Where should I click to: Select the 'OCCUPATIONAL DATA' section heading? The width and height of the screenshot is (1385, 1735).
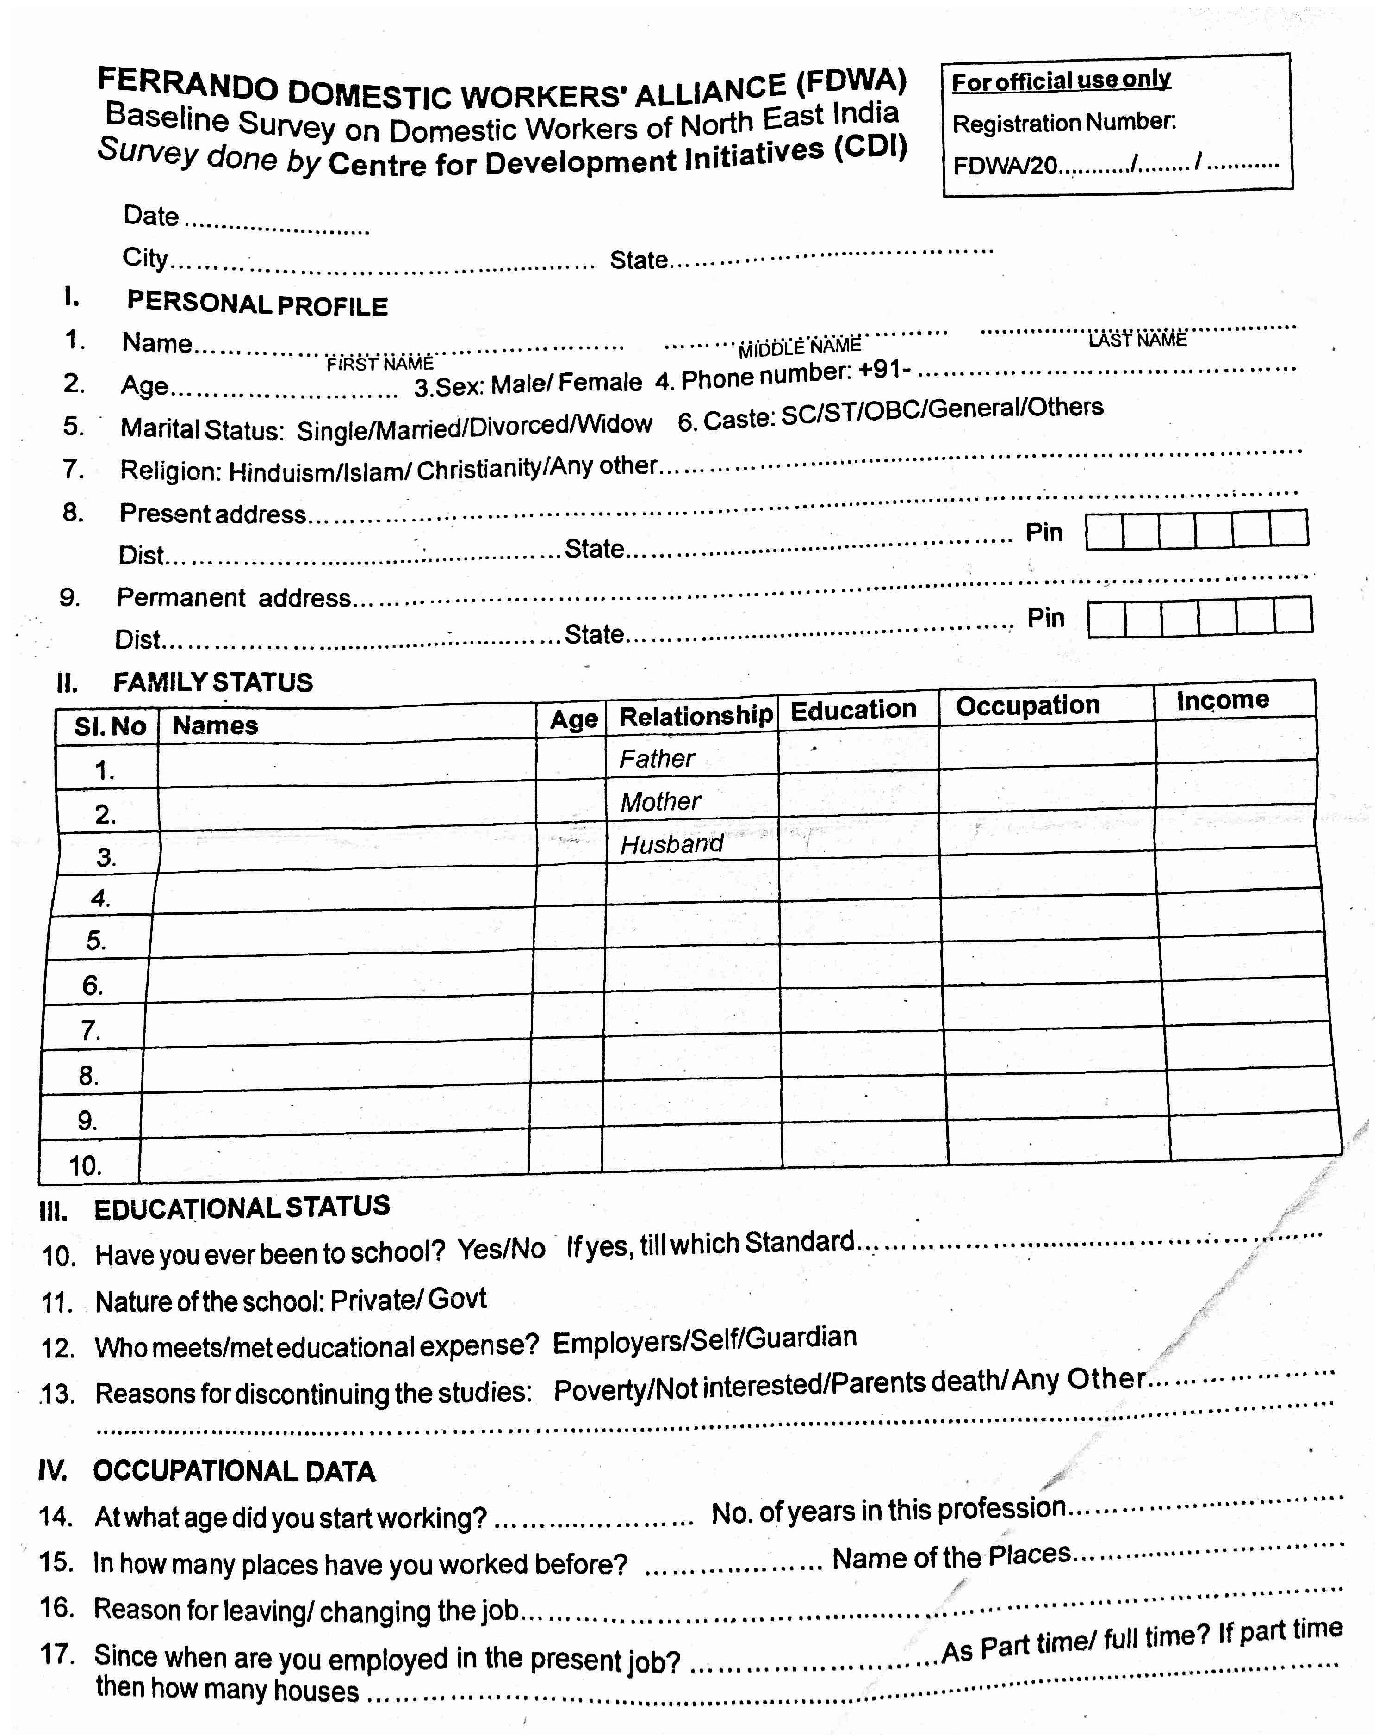(x=234, y=1471)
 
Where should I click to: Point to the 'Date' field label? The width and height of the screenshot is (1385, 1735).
(x=151, y=216)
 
